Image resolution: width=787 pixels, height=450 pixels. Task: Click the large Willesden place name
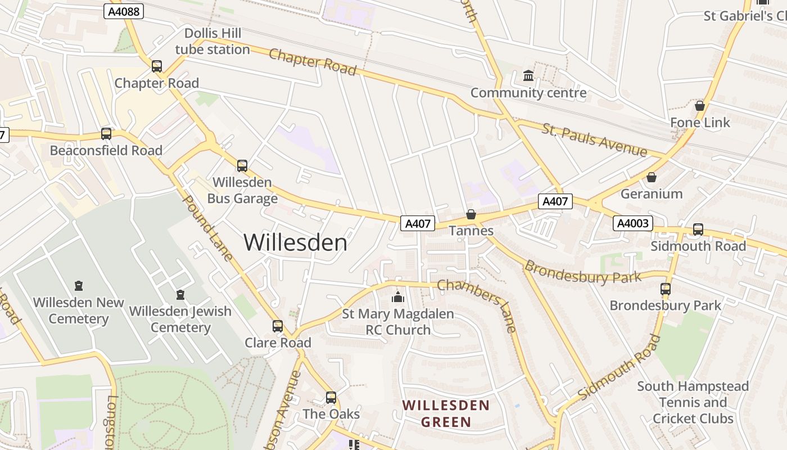pyautogui.click(x=296, y=242)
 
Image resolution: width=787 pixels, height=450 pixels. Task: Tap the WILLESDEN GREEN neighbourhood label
pyautogui.click(x=446, y=413)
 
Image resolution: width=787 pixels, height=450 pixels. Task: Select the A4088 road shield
pyautogui.click(x=124, y=11)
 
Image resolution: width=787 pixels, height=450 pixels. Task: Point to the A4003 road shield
pyautogui.click(x=632, y=223)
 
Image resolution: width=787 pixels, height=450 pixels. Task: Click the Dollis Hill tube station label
pyautogui.click(x=212, y=41)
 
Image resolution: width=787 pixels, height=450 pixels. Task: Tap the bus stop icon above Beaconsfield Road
pyautogui.click(x=106, y=134)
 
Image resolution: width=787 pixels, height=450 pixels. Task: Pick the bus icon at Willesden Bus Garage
pyautogui.click(x=242, y=165)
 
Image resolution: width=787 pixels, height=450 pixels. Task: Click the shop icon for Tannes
pyautogui.click(x=471, y=214)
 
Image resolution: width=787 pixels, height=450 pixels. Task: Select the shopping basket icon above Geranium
pyautogui.click(x=652, y=178)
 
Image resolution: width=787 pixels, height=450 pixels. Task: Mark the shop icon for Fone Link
pyautogui.click(x=700, y=106)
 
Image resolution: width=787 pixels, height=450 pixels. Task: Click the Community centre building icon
pyautogui.click(x=528, y=75)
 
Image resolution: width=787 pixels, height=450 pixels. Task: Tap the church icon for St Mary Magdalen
pyautogui.click(x=398, y=297)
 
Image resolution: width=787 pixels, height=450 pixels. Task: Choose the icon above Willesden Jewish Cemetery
pyautogui.click(x=180, y=295)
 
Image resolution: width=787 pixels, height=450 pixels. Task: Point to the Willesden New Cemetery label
pyautogui.click(x=78, y=310)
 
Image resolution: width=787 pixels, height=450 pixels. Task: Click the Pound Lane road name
pyautogui.click(x=208, y=228)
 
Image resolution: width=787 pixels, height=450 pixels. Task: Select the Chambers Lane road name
pyautogui.click(x=477, y=304)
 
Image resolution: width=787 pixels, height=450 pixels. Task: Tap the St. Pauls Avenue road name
pyautogui.click(x=595, y=140)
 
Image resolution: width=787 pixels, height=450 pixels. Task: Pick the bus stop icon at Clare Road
pyautogui.click(x=278, y=326)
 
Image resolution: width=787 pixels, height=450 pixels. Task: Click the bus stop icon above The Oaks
pyautogui.click(x=331, y=397)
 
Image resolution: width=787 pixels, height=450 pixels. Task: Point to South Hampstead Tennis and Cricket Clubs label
pyautogui.click(x=693, y=402)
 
